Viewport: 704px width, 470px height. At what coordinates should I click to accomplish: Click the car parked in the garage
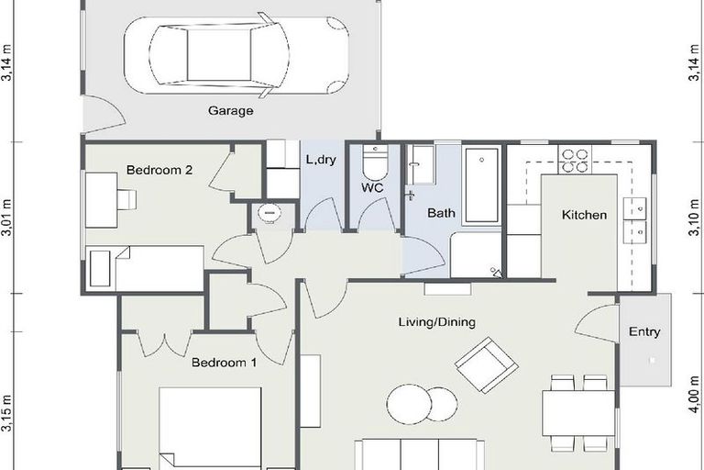point(236,58)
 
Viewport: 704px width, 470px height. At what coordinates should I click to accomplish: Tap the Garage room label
point(231,111)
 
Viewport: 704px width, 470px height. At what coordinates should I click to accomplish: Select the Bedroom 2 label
point(159,170)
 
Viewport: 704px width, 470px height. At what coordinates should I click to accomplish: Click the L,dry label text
point(322,159)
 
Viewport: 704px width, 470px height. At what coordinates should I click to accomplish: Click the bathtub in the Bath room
point(481,185)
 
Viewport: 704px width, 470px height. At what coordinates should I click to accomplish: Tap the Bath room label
point(442,213)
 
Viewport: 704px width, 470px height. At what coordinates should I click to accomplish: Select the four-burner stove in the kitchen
point(575,161)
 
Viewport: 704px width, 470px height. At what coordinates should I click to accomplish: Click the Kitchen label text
point(584,215)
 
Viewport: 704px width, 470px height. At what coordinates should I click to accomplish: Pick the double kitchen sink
point(634,220)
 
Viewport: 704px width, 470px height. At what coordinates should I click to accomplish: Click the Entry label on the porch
point(644,331)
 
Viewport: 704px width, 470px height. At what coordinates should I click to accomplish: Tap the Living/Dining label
point(437,322)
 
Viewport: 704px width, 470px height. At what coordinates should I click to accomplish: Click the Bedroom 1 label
point(224,363)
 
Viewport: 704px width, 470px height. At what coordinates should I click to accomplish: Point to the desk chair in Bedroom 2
point(126,199)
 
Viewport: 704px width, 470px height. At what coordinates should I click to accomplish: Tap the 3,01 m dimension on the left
point(7,219)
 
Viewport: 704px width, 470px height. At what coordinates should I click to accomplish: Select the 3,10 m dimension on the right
point(694,219)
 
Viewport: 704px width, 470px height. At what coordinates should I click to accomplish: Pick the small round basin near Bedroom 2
point(269,213)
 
